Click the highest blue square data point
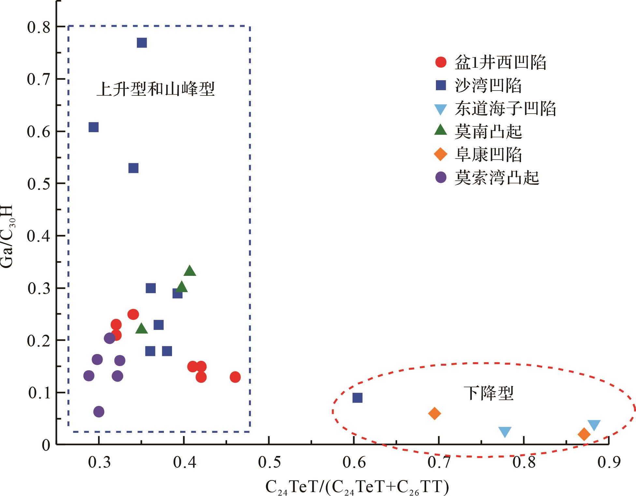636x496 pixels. pyautogui.click(x=142, y=43)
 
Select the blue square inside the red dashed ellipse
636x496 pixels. pyautogui.click(x=357, y=398)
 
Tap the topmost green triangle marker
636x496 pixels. pyautogui.click(x=190, y=271)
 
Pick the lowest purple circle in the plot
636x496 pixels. pyautogui.click(x=99, y=412)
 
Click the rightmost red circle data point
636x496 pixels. pyautogui.click(x=235, y=377)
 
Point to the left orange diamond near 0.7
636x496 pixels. pyautogui.click(x=434, y=414)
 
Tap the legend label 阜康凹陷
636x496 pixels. pyautogui.click(x=488, y=155)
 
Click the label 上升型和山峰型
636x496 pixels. pyautogui.click(x=155, y=89)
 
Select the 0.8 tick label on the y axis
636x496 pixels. pyautogui.click(x=39, y=27)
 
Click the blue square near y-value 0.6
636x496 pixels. pyautogui.click(x=94, y=127)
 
